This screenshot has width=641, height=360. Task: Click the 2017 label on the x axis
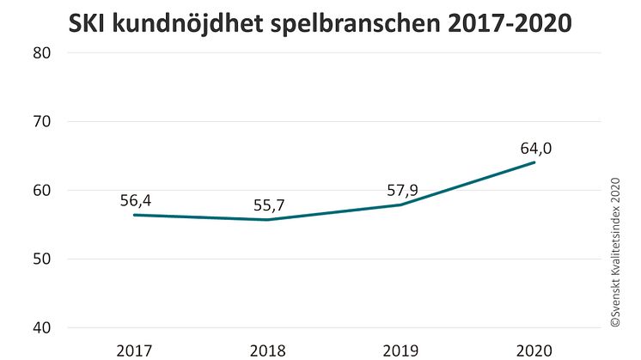click(134, 350)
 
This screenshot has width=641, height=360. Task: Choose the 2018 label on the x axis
click(268, 350)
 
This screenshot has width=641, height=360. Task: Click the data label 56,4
click(136, 200)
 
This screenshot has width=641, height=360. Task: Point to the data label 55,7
click(269, 205)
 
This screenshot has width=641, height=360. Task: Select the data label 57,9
click(402, 190)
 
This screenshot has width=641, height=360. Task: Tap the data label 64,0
click(535, 148)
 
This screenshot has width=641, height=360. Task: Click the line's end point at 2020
click(535, 162)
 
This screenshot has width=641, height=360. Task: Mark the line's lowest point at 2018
click(268, 220)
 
